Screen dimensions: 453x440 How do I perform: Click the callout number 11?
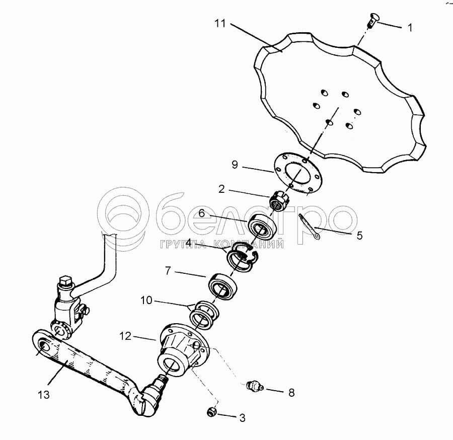pos(220,23)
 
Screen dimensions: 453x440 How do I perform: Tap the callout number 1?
pos(410,28)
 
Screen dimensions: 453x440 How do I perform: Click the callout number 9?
pos(235,165)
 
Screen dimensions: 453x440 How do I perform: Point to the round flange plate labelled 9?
pos(297,174)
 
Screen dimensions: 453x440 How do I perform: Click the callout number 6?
pos(201,213)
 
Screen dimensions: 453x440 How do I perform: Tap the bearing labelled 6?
pos(262,227)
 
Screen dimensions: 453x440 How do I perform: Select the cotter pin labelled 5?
pos(310,227)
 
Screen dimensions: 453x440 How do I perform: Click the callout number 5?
pos(359,236)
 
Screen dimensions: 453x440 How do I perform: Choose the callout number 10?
pos(146,301)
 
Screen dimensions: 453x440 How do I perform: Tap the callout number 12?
pos(125,336)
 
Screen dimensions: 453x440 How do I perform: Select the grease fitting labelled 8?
pos(255,386)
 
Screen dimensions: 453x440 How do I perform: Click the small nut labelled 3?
pos(211,412)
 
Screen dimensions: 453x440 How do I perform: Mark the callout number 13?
pos(44,395)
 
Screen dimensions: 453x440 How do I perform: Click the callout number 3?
pos(243,418)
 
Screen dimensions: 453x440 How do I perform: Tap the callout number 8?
pos(291,393)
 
